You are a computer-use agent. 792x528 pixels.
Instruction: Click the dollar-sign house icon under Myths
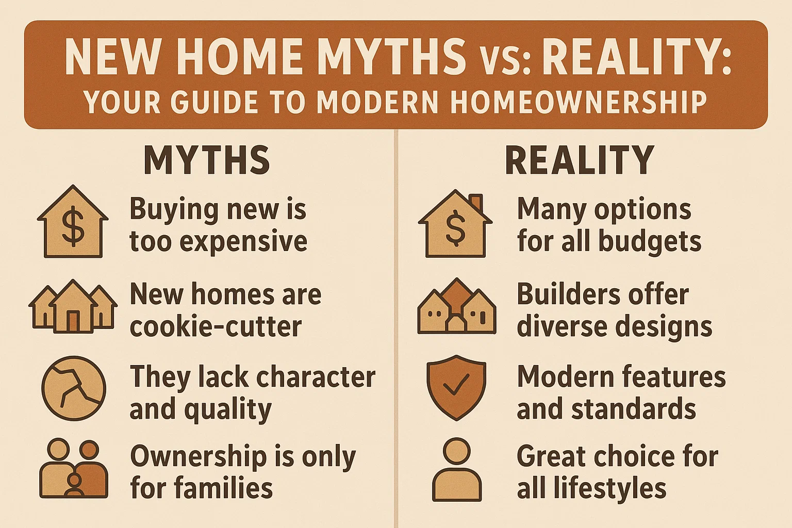click(73, 222)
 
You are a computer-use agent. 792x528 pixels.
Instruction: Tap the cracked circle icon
click(74, 388)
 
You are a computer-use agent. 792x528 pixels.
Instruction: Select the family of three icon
click(74, 468)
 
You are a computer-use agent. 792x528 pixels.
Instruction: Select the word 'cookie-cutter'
click(216, 327)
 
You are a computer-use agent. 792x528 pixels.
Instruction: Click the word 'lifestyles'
click(609, 488)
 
